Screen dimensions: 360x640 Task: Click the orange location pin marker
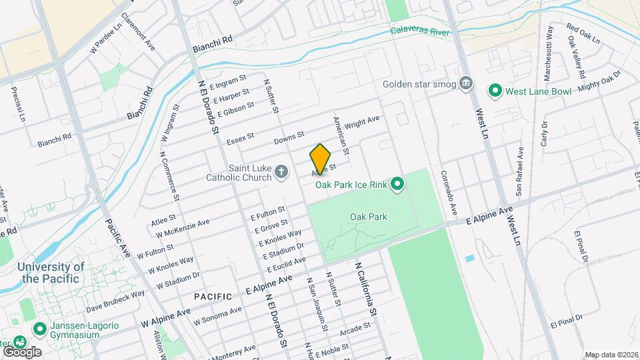pyautogui.click(x=321, y=159)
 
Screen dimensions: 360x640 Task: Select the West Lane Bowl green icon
pyautogui.click(x=495, y=90)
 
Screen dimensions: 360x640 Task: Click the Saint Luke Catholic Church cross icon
pyautogui.click(x=282, y=173)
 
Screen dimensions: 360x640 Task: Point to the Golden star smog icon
pyautogui.click(x=467, y=84)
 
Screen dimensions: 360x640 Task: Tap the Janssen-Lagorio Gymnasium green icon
pyautogui.click(x=39, y=328)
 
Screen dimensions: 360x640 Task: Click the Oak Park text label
pyautogui.click(x=368, y=217)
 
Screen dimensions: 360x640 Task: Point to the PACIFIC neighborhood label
pyautogui.click(x=213, y=296)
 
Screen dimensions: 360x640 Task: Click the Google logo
pyautogui.click(x=21, y=351)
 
